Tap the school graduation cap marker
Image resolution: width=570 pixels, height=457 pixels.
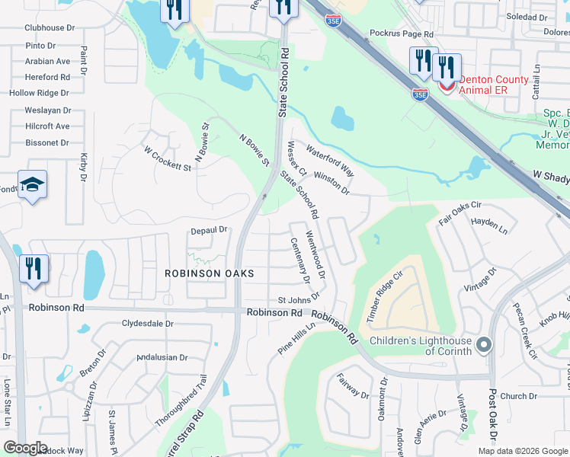click(x=32, y=185)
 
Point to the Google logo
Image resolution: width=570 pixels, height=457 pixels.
click(x=25, y=448)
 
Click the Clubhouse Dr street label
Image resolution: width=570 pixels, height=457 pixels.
click(x=50, y=27)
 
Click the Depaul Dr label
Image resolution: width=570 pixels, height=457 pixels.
click(x=210, y=229)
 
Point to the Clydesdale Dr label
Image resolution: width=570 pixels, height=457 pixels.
click(x=148, y=324)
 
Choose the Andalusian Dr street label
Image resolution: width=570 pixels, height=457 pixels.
click(x=162, y=357)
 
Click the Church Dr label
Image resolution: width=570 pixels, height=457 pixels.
click(x=519, y=396)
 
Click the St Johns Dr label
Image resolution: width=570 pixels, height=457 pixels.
click(x=296, y=300)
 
